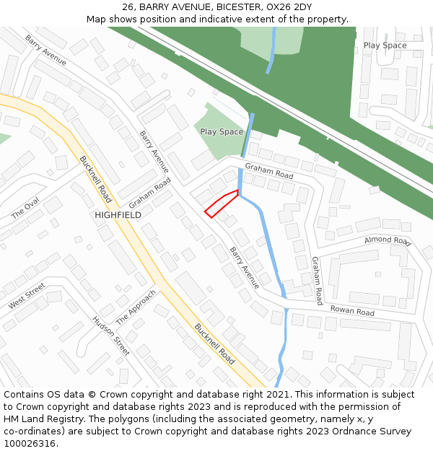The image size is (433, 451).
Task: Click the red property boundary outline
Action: (x=222, y=203)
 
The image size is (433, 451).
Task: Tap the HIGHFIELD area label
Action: (x=118, y=215)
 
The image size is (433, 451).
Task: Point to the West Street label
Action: (x=27, y=297)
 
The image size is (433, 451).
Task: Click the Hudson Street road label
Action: (x=111, y=336)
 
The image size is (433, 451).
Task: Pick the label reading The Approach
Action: (x=136, y=307)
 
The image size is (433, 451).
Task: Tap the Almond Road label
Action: (x=387, y=240)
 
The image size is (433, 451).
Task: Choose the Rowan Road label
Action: (x=352, y=311)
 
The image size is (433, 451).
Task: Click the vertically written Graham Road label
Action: (x=317, y=280)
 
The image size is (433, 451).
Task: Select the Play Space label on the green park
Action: (x=222, y=132)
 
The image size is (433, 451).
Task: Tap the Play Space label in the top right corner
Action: (x=385, y=45)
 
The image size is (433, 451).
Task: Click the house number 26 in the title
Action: (x=128, y=7)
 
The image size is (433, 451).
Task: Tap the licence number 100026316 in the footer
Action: (x=30, y=443)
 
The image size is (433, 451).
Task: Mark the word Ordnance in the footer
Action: (x=364, y=431)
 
